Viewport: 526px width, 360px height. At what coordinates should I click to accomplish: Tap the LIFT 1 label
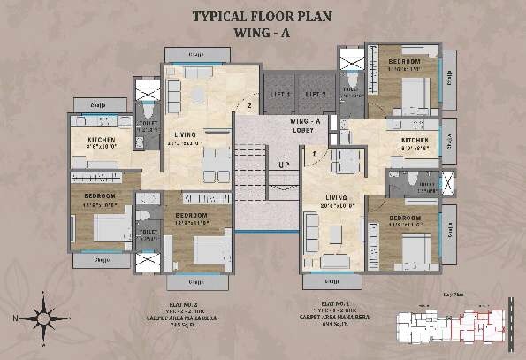[280, 94]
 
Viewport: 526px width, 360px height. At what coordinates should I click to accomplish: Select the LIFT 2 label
[316, 94]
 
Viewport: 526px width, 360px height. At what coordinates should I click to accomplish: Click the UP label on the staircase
[284, 165]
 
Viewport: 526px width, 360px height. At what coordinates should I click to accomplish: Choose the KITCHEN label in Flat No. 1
[415, 140]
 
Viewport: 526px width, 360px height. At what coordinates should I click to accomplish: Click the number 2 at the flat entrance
[250, 107]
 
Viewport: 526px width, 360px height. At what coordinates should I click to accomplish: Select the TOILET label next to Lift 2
[352, 89]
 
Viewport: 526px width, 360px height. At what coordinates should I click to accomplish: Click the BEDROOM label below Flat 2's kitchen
[99, 195]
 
